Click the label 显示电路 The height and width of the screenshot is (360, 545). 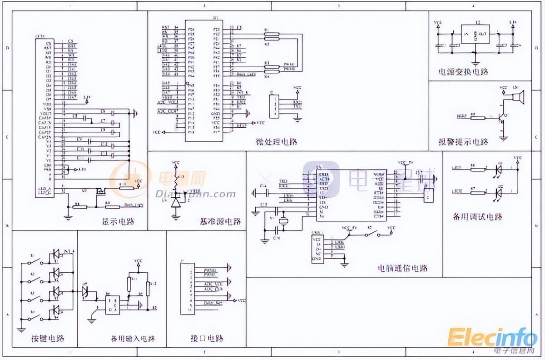pyautogui.click(x=118, y=222)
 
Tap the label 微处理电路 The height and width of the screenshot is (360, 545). pyautogui.click(x=276, y=142)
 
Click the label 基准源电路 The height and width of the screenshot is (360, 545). pyautogui.click(x=220, y=222)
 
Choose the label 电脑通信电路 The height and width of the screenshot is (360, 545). pyautogui.click(x=403, y=268)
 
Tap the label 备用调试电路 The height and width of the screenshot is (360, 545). pyautogui.click(x=478, y=217)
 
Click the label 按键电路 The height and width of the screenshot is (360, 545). pyautogui.click(x=47, y=338)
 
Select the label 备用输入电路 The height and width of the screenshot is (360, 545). pyautogui.click(x=133, y=339)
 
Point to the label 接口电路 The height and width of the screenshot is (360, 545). pyautogui.click(x=207, y=339)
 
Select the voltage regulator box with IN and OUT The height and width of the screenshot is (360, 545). pyautogui.click(x=475, y=34)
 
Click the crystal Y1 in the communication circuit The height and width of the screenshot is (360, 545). pyautogui.click(x=283, y=221)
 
